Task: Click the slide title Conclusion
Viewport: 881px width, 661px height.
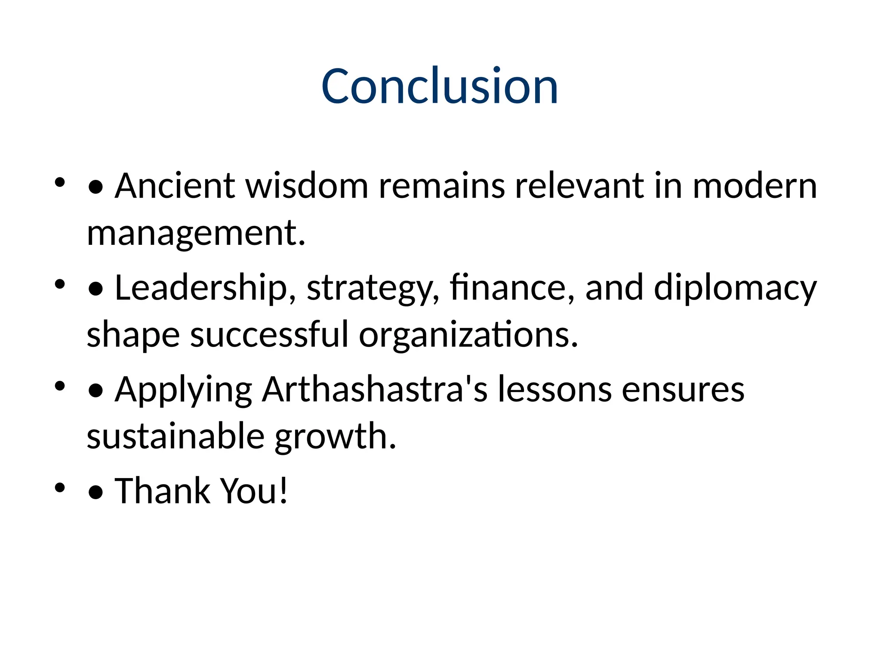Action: pos(440,86)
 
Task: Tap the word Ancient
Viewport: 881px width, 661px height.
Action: pos(175,186)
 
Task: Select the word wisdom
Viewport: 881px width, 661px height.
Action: pos(307,186)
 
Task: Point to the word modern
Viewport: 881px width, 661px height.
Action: pos(755,186)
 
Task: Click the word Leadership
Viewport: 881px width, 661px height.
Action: pos(201,287)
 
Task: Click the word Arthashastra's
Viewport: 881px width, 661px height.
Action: pos(375,389)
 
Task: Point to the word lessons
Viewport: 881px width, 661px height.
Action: pos(555,389)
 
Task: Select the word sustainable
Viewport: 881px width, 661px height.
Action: pos(176,436)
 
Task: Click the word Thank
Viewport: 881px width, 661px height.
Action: pos(162,491)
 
